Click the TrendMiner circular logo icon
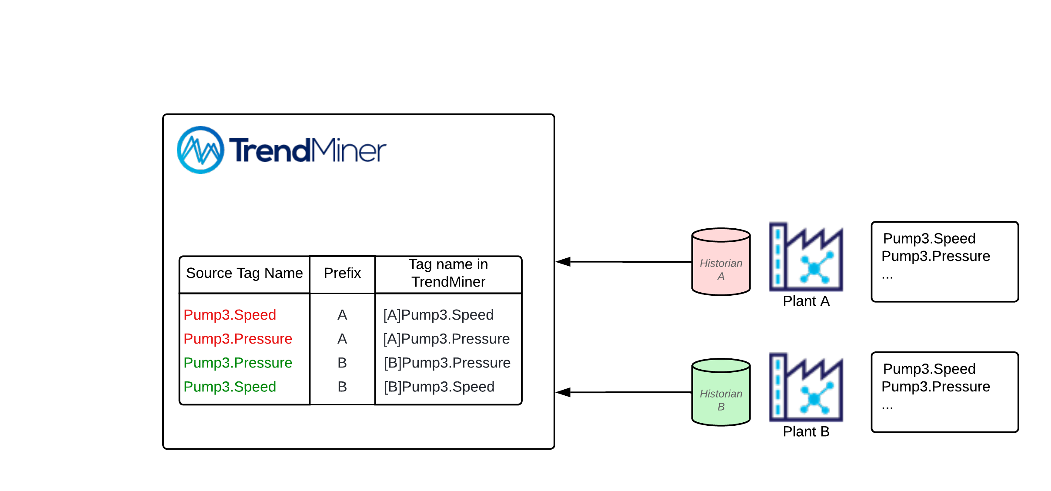click(x=200, y=150)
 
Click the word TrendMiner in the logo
click(x=307, y=150)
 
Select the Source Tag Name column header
click(x=244, y=273)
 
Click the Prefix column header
click(x=342, y=273)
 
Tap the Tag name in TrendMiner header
click(x=448, y=273)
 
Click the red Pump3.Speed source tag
click(x=230, y=315)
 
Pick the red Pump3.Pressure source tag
click(x=238, y=339)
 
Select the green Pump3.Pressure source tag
click(x=238, y=363)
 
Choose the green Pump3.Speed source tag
click(x=230, y=387)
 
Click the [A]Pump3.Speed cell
click(x=438, y=315)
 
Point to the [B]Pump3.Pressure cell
click(x=447, y=363)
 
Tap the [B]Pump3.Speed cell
click(x=439, y=387)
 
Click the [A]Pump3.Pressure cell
click(x=446, y=339)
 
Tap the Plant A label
click(x=806, y=301)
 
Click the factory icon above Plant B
click(x=806, y=387)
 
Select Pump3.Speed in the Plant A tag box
click(x=929, y=238)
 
